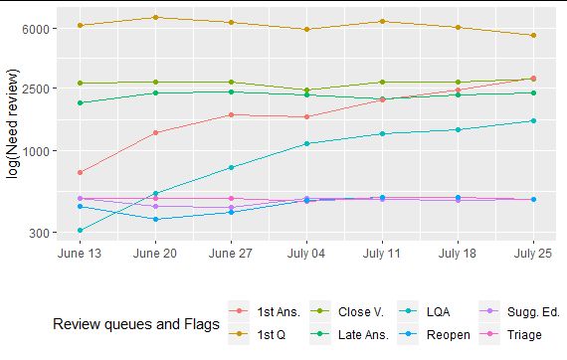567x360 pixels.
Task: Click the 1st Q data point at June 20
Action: [x=156, y=17]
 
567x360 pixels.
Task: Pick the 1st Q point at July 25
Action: [x=533, y=35]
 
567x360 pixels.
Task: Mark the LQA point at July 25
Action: [x=533, y=121]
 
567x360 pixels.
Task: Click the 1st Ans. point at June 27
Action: [x=231, y=114]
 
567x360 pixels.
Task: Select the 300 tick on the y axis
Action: [x=38, y=233]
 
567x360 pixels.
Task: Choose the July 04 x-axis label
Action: [x=306, y=254]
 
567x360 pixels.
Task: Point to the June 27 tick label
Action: [x=231, y=254]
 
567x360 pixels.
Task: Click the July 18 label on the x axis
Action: [x=458, y=254]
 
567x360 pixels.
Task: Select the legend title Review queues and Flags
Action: [x=135, y=324]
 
